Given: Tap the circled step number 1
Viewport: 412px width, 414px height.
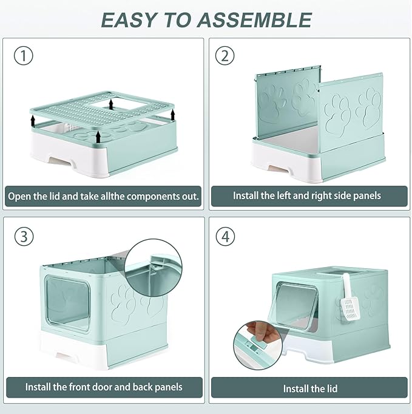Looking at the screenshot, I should (22, 56).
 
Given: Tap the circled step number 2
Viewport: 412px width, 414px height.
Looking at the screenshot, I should (225, 56).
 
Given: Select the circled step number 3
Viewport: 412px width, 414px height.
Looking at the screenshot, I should (22, 236).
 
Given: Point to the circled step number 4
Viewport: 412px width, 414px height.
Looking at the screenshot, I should (225, 236).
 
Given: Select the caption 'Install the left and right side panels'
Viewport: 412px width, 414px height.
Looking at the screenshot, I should (307, 196).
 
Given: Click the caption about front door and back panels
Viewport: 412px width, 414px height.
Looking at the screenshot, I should (104, 386).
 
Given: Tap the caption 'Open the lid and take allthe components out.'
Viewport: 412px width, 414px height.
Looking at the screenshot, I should (103, 197).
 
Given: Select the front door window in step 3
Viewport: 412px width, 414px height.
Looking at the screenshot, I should (68, 304).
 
